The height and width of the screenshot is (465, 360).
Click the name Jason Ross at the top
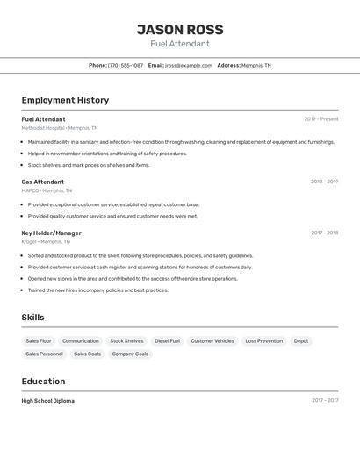(180, 29)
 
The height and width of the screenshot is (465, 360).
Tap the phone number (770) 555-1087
(125, 65)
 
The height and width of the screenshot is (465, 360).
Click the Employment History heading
(65, 100)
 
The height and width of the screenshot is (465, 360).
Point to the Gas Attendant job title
(43, 182)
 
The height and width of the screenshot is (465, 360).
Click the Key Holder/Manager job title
(51, 232)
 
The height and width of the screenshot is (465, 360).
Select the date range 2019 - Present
(320, 119)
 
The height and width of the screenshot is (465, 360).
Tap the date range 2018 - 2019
(324, 182)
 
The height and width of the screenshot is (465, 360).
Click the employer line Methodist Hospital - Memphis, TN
(60, 128)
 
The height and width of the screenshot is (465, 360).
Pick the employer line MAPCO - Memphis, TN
(47, 190)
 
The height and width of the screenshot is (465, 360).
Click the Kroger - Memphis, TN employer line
(46, 241)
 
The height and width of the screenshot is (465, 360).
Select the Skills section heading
(32, 318)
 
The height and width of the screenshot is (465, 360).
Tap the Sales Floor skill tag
(39, 340)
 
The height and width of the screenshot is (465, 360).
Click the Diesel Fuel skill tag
(167, 340)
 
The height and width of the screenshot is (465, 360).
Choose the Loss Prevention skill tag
(263, 340)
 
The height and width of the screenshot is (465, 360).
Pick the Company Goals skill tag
(130, 354)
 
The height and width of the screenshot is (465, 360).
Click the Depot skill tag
(301, 340)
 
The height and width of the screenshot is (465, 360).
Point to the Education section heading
(43, 382)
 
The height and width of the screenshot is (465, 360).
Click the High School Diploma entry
(48, 401)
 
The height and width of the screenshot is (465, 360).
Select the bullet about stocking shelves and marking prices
(89, 165)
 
